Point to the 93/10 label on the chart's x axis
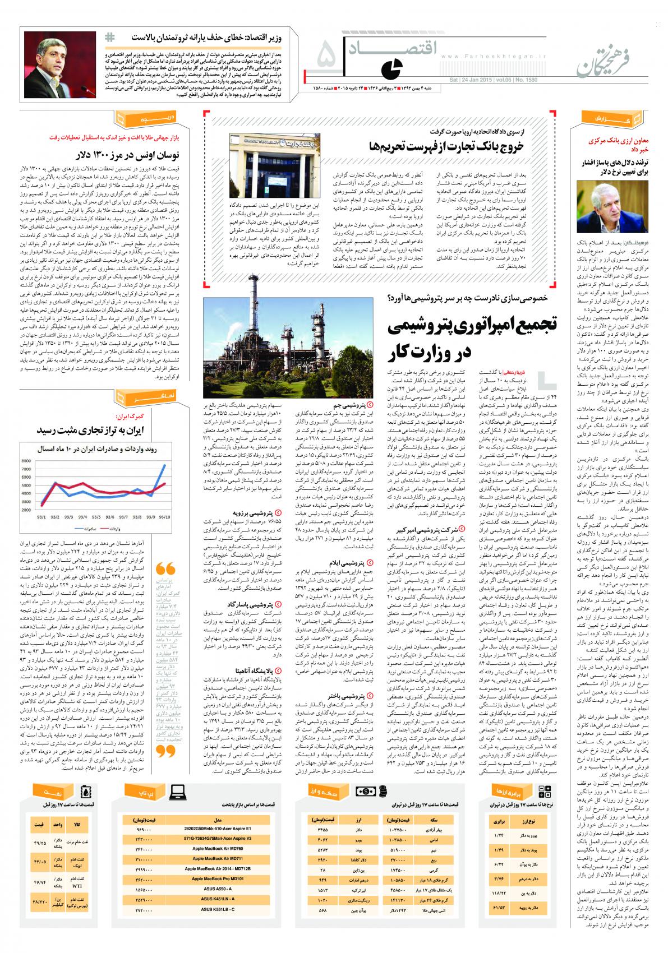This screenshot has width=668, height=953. [x=165, y=517]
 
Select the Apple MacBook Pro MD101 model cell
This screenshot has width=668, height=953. [x=218, y=878]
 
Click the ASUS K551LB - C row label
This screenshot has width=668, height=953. [x=218, y=914]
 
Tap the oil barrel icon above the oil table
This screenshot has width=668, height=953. [x=85, y=791]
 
